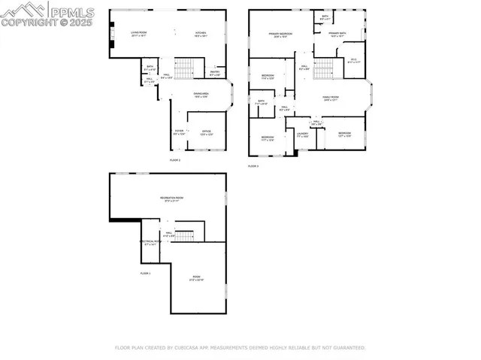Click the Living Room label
tap(138, 34)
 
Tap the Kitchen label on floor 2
tap(201, 34)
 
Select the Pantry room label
tap(214, 74)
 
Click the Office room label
tap(206, 132)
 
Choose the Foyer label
tap(179, 132)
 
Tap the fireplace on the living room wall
tap(111, 35)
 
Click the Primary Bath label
tap(336, 35)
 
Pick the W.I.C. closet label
tap(352, 61)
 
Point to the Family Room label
tap(331, 98)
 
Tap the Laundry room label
tap(303, 136)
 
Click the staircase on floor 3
tap(323, 70)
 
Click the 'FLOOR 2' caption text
tap(174, 160)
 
